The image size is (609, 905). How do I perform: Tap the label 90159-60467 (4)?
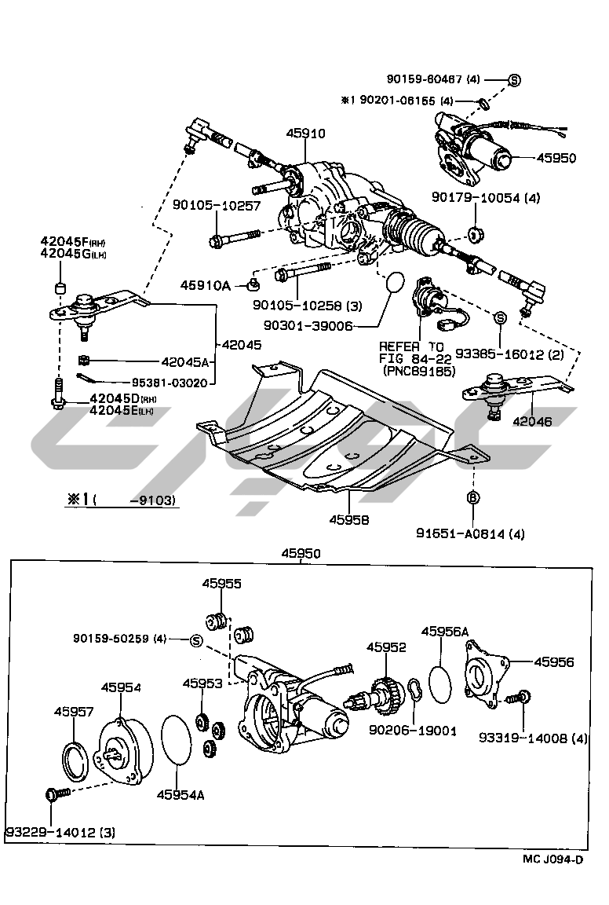tap(433, 79)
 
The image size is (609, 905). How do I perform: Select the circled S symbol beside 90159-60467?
tap(514, 79)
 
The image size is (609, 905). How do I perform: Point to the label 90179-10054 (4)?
tap(485, 198)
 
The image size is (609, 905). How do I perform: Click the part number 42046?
tap(532, 421)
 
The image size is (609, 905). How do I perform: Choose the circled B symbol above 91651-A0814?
tap(473, 497)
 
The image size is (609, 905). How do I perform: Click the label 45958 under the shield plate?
tap(348, 519)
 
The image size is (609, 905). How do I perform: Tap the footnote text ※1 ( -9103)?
tap(121, 500)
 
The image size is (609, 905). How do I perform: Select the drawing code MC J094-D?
tap(553, 859)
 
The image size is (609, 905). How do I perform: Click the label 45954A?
tap(182, 795)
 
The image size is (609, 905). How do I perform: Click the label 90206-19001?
tap(412, 731)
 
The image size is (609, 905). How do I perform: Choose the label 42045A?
tap(184, 362)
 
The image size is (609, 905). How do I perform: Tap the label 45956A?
tap(445, 631)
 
